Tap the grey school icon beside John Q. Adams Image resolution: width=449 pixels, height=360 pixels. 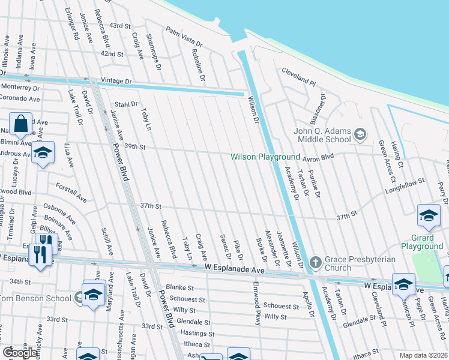(x=360, y=133)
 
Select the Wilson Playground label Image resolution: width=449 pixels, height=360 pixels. (x=265, y=157)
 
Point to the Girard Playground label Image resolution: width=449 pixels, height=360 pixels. (x=422, y=242)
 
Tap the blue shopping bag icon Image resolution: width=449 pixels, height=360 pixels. (x=21, y=123)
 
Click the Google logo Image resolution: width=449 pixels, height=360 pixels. (x=20, y=352)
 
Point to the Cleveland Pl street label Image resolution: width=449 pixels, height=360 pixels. (x=298, y=76)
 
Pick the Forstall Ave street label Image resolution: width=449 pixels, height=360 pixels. (x=71, y=191)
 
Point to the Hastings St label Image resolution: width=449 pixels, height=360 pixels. (x=193, y=333)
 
